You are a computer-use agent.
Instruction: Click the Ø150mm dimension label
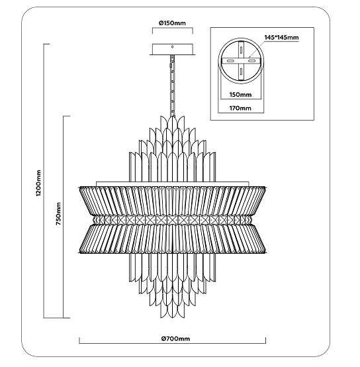pos(172,23)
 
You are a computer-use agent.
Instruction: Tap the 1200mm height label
pos(38,183)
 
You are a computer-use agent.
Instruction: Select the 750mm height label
pos(58,214)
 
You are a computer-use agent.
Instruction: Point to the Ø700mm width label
pos(175,339)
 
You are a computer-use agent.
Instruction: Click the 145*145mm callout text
pos(281,38)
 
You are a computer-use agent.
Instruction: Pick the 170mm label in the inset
pos(240,108)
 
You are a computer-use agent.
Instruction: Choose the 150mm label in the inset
pos(240,95)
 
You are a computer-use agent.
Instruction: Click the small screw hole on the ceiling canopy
pos(172,47)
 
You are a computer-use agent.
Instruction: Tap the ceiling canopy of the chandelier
pos(173,50)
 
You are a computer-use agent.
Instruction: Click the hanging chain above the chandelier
pos(173,85)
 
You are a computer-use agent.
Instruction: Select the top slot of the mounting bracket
pos(241,50)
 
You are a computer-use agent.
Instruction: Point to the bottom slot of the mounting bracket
pos(241,72)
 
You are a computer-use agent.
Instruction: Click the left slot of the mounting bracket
pos(230,61)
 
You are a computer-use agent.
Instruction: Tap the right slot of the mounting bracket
pos(251,61)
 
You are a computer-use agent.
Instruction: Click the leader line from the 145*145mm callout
pos(257,49)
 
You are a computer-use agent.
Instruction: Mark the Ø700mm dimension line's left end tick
pos(79,341)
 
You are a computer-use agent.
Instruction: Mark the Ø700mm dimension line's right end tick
pos(265,341)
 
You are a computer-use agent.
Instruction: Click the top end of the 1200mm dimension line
pos(44,44)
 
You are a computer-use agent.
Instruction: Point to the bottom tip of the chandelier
pos(172,318)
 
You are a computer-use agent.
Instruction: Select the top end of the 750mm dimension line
pos(64,116)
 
